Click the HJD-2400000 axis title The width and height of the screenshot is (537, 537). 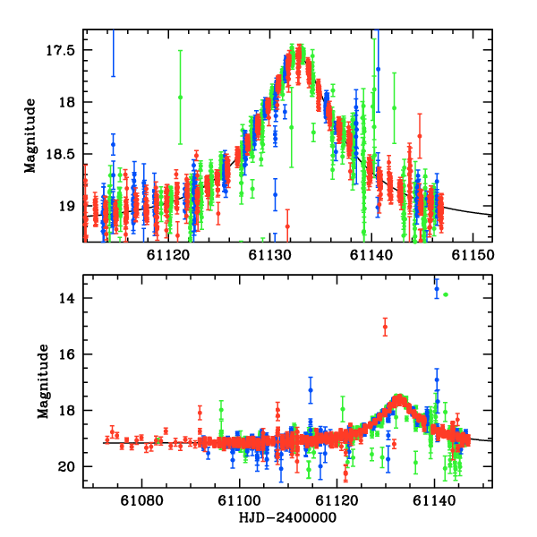pyautogui.click(x=287, y=518)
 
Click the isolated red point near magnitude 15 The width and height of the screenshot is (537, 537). pyautogui.click(x=385, y=328)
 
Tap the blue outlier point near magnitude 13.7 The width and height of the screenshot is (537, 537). pyautogui.click(x=437, y=288)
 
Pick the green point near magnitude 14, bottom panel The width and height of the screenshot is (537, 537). pyautogui.click(x=445, y=294)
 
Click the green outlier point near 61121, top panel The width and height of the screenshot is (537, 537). pyautogui.click(x=181, y=97)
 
